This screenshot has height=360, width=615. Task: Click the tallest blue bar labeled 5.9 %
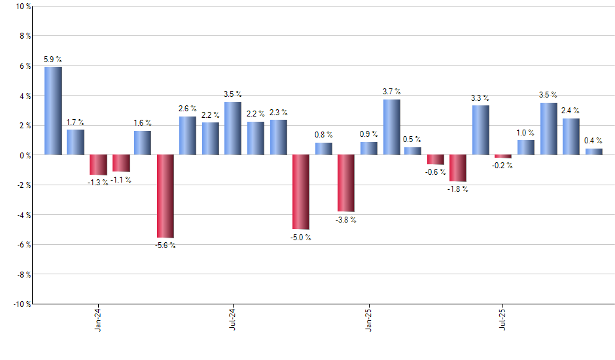(x=53, y=111)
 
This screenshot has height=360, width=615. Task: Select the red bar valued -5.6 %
(x=166, y=196)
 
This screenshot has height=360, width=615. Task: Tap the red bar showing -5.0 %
(x=301, y=192)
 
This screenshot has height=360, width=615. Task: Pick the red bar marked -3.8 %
(x=346, y=183)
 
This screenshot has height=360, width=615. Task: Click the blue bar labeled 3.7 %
(x=391, y=127)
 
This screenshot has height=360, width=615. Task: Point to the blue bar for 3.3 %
(x=481, y=130)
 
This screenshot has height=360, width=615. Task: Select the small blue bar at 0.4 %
(x=594, y=152)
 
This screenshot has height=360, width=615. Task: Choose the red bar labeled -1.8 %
(x=458, y=168)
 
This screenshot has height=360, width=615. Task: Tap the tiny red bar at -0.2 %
(x=503, y=156)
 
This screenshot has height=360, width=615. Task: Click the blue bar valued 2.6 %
(x=188, y=135)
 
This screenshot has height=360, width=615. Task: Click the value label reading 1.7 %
(x=75, y=122)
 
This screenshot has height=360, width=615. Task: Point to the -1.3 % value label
(x=98, y=182)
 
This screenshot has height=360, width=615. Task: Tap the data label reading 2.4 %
(x=571, y=111)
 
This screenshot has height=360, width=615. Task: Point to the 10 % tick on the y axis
(x=22, y=7)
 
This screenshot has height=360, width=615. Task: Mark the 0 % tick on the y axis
(x=24, y=155)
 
